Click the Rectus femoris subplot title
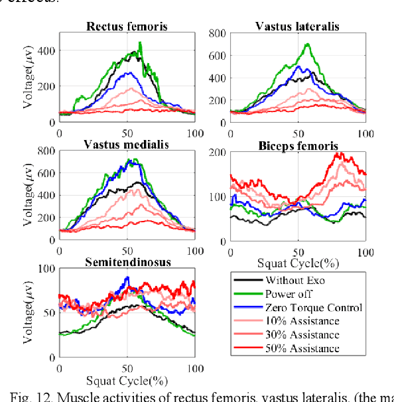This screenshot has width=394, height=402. (x=126, y=27)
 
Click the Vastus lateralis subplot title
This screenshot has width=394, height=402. (x=298, y=26)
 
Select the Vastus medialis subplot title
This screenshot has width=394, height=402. (x=127, y=145)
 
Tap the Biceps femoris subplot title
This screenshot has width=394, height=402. (x=298, y=145)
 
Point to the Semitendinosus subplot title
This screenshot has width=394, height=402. (x=127, y=262)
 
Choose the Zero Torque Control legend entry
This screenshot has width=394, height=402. (x=313, y=307)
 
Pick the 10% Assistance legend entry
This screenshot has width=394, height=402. (x=302, y=321)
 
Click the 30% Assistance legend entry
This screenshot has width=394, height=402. (x=302, y=335)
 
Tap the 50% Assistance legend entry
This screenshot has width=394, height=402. (x=302, y=349)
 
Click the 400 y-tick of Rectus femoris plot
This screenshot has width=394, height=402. (x=46, y=50)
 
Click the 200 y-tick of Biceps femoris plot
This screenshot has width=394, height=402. (x=217, y=151)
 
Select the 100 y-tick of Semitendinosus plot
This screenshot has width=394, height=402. (x=46, y=269)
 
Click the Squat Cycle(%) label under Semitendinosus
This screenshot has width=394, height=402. (x=127, y=382)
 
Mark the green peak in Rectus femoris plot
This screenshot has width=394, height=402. (x=140, y=43)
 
